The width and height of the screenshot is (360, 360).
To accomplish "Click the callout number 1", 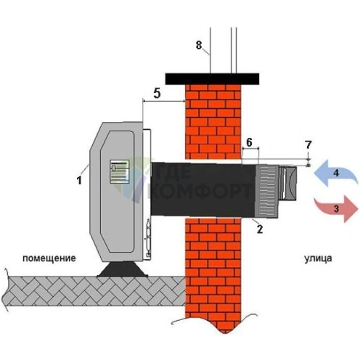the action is [x=79, y=180].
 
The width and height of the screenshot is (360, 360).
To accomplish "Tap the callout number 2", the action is [x=260, y=229].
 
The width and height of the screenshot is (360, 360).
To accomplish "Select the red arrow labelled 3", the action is [x=336, y=209].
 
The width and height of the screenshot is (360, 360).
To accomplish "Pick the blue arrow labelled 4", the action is [x=336, y=173].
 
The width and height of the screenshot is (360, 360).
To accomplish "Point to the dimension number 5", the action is [x=157, y=93].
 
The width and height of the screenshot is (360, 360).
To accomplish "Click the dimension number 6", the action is [x=249, y=142].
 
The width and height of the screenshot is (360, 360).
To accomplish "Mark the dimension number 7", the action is [x=308, y=145].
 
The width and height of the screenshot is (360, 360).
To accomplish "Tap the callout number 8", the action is [x=199, y=45].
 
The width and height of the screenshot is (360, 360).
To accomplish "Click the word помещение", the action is [x=49, y=258].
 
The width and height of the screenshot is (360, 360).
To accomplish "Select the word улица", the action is [x=318, y=258].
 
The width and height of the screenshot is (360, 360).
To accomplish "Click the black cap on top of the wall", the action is [x=212, y=79].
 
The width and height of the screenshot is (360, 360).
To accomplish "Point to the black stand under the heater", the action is [x=123, y=269].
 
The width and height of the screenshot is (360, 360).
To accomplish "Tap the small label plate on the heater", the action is [x=120, y=171].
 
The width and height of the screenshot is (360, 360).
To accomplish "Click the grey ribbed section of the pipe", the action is [x=267, y=191].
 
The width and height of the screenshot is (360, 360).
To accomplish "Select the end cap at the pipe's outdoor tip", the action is [x=288, y=183].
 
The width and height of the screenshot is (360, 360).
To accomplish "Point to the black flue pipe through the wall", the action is [x=203, y=189].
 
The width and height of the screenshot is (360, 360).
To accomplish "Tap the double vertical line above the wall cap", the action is [x=234, y=50].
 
